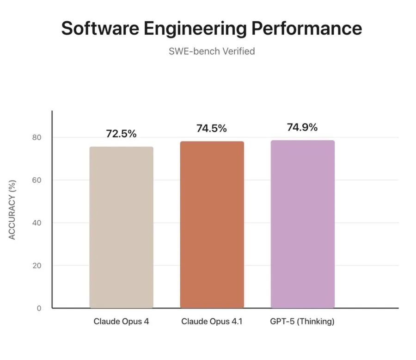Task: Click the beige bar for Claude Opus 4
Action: (x=121, y=227)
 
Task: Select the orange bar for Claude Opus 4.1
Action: (x=212, y=224)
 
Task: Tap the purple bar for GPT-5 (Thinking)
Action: (x=302, y=224)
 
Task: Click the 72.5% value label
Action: (x=121, y=134)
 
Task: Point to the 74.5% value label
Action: (x=212, y=129)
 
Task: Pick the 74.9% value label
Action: (x=302, y=128)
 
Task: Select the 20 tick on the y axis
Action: (x=37, y=266)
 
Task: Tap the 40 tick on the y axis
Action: (x=37, y=223)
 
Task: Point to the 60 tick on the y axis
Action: (x=37, y=180)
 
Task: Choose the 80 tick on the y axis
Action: (x=37, y=137)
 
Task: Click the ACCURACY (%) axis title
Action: (x=12, y=210)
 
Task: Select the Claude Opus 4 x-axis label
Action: (x=121, y=322)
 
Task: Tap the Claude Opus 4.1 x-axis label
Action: (x=212, y=322)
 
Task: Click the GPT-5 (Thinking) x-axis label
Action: (x=302, y=322)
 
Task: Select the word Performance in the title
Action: (x=306, y=29)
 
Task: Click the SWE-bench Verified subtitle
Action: (x=212, y=51)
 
